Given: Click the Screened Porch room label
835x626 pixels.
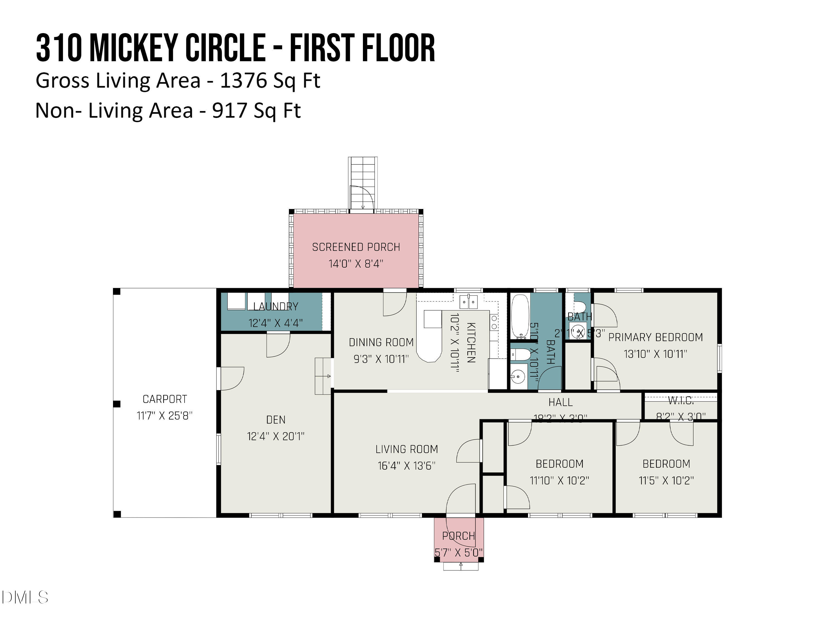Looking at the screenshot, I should pos(356,247).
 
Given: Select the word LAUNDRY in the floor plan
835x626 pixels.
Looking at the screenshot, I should pos(276,306).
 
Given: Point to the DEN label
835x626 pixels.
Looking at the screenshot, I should pos(276,420).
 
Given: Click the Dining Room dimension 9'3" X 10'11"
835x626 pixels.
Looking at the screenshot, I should pos(381,359).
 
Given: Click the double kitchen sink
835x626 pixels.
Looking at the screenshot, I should pos(468,302).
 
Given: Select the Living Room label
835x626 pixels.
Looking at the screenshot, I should pos(407,449).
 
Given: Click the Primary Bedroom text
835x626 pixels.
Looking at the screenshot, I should pos(655,337).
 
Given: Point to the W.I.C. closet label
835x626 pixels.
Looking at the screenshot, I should pos(681,400).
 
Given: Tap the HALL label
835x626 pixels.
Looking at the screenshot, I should pos(560,402).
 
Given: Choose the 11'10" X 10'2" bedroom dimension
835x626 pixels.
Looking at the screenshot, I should pos(559,480).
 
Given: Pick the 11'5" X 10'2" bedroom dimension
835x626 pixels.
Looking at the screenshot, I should pos(666,480).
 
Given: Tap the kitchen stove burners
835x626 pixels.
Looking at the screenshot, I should pos(494,323).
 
